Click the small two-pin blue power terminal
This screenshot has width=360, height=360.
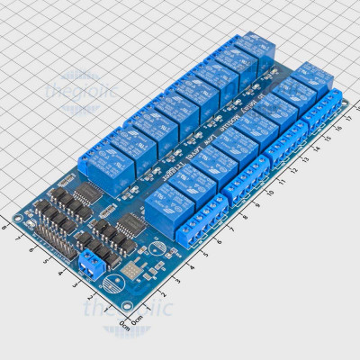[91, 265]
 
